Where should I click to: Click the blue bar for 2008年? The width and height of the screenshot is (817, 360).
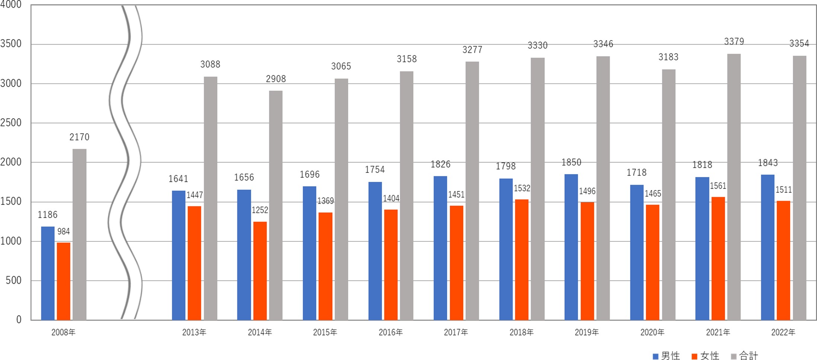[x=48, y=273]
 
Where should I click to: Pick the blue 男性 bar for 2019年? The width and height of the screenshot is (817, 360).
[x=571, y=247]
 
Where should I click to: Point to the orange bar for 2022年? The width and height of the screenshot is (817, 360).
[x=783, y=260]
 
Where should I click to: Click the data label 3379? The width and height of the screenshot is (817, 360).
[x=734, y=41]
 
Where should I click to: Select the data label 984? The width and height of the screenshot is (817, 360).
[x=64, y=231]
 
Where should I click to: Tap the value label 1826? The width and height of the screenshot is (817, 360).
[x=440, y=164]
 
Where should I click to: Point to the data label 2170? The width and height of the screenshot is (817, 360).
[x=79, y=137]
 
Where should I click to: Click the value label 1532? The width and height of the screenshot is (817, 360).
[x=522, y=188]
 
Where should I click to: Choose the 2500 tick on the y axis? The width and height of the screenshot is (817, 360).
[x=11, y=123]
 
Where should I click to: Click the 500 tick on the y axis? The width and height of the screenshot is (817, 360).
[x=14, y=280]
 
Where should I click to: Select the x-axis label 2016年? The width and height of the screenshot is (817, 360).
[x=391, y=332]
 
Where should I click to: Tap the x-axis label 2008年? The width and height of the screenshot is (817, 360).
[x=63, y=332]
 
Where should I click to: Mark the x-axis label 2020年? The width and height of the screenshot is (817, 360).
[x=652, y=332]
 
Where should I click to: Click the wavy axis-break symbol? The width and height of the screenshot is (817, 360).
[x=125, y=162]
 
